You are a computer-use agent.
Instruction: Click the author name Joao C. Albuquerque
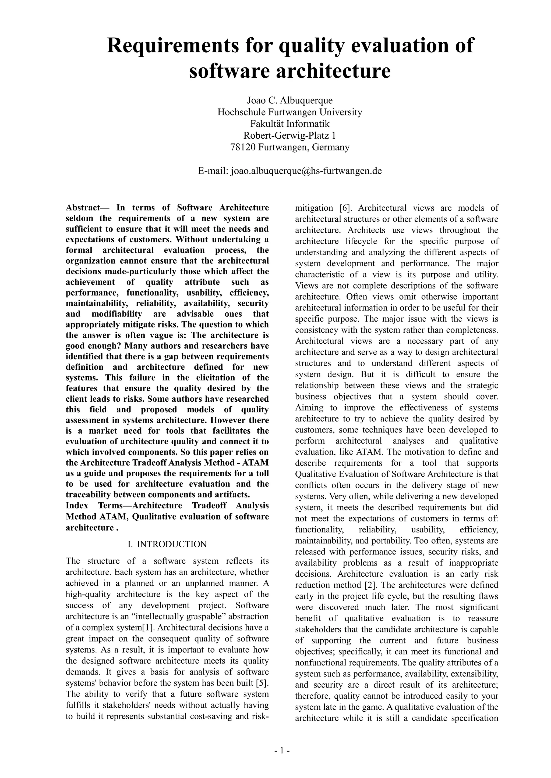290,101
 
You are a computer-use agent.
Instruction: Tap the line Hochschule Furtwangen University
290,112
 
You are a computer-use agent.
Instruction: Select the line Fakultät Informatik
290,124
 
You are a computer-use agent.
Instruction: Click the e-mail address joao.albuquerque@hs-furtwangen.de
306,171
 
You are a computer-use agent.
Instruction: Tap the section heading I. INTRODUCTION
167,544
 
